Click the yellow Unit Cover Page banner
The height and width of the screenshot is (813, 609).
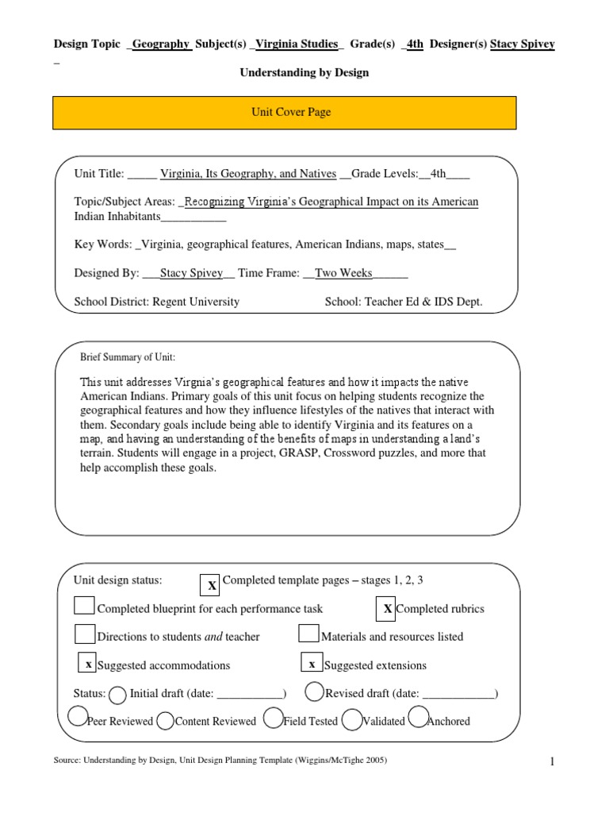pyautogui.click(x=285, y=113)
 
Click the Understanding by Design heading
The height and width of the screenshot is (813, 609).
pyautogui.click(x=304, y=72)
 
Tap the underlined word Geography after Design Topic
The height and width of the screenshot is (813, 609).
pyautogui.click(x=161, y=44)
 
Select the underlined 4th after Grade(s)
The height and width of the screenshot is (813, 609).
pyautogui.click(x=415, y=44)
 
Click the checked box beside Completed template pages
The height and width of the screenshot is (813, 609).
pyautogui.click(x=211, y=585)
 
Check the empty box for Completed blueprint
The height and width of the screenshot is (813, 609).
pyautogui.click(x=84, y=606)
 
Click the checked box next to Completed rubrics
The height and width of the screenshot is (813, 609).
pyautogui.click(x=386, y=608)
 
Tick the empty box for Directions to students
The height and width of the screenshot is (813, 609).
pyautogui.click(x=84, y=634)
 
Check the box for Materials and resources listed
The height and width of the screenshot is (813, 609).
pyautogui.click(x=308, y=634)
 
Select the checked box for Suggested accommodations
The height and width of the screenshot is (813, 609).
pyautogui.click(x=89, y=663)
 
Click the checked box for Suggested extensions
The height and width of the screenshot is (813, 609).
pyautogui.click(x=312, y=663)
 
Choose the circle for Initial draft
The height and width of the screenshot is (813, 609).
pyautogui.click(x=117, y=695)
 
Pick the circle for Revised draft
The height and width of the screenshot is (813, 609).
pyautogui.click(x=314, y=692)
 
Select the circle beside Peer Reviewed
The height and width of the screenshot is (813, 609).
pyautogui.click(x=77, y=717)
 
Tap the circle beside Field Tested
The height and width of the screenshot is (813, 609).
pyautogui.click(x=272, y=719)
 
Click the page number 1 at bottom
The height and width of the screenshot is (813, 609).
pyautogui.click(x=552, y=763)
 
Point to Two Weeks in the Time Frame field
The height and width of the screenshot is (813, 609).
pyautogui.click(x=343, y=273)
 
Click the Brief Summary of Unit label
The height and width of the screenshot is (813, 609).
pyautogui.click(x=128, y=357)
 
